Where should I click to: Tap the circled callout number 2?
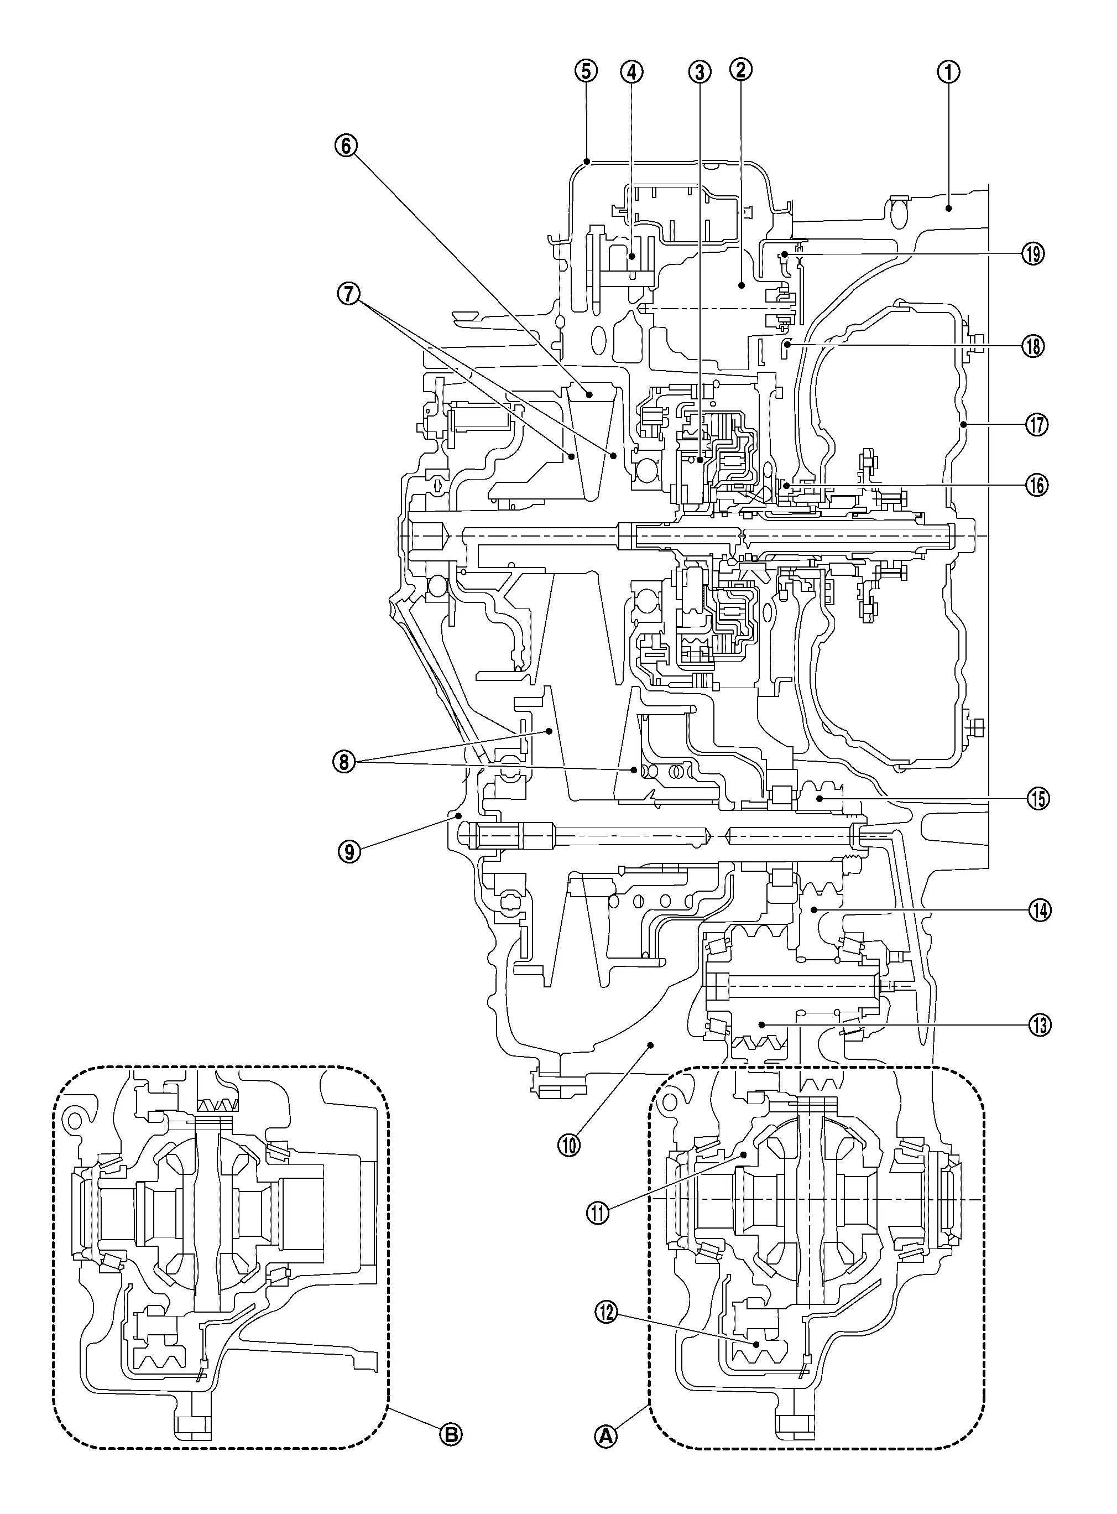tap(740, 70)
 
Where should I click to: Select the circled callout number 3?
tap(700, 71)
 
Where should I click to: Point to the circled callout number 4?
tap(631, 71)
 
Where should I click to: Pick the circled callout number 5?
tap(586, 71)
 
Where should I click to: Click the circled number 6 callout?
tap(346, 145)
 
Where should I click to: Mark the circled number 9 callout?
tap(349, 851)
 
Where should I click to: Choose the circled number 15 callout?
tap(1038, 799)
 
